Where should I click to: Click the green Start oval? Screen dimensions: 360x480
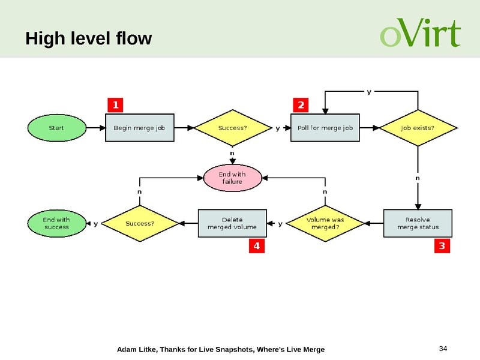tap(56, 128)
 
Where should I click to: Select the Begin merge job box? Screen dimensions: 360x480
tap(140, 128)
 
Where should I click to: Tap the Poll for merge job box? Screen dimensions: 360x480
tap(324, 128)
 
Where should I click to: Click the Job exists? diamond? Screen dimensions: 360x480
tap(417, 128)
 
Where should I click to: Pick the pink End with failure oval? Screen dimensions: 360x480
tap(232, 178)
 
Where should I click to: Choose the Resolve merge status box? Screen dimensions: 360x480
tap(418, 224)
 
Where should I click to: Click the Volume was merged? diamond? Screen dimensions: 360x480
tap(325, 224)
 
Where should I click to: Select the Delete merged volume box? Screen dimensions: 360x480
tap(232, 224)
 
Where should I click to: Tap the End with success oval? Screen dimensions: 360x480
tap(56, 224)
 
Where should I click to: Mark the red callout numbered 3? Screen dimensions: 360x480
tap(442, 246)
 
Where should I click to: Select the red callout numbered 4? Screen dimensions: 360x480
tap(257, 246)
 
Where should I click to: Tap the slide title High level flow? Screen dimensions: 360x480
tap(89, 40)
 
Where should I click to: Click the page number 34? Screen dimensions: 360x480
tap(444, 349)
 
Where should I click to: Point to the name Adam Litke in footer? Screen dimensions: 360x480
tap(134, 349)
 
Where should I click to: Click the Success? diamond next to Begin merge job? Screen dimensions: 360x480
tap(232, 128)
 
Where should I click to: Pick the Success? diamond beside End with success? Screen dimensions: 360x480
tap(140, 224)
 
